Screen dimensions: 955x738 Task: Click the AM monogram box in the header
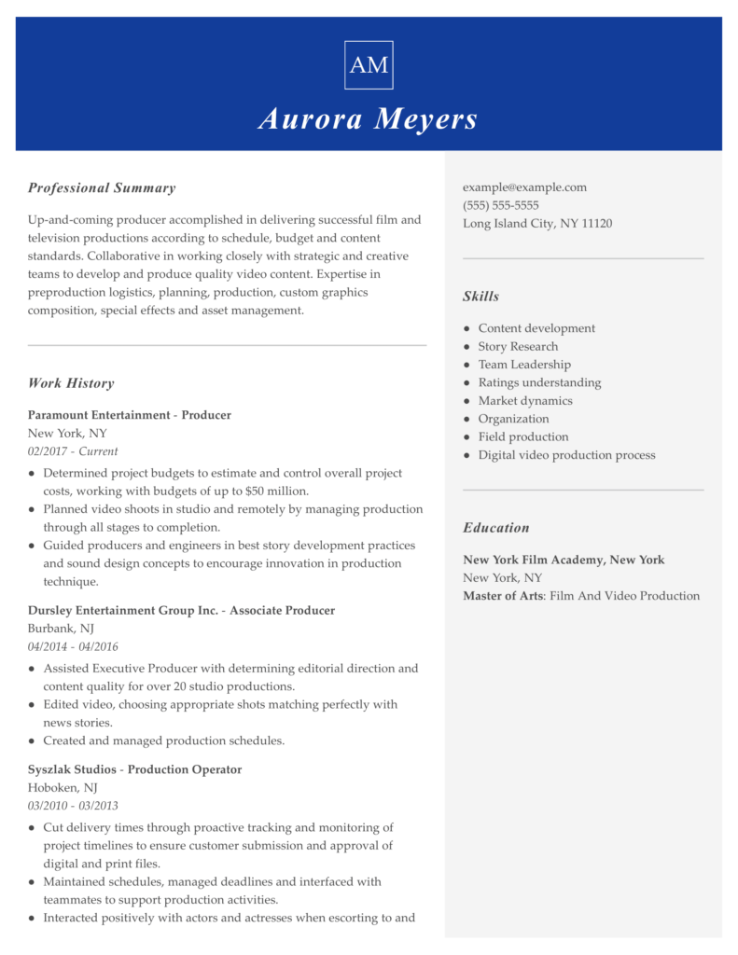(369, 65)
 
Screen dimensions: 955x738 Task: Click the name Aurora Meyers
(369, 119)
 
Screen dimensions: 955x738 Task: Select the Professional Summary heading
(102, 188)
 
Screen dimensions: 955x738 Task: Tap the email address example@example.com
(524, 187)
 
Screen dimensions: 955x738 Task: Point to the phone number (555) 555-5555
(500, 205)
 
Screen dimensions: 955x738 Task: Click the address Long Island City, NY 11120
(537, 224)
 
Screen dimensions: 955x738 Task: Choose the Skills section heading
(480, 297)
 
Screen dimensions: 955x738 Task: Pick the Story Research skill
(518, 347)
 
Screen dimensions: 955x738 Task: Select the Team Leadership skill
(524, 365)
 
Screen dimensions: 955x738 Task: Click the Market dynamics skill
(525, 401)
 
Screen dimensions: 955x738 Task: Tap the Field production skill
(522, 437)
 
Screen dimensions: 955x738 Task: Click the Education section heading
(495, 528)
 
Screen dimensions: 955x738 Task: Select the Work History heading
(71, 383)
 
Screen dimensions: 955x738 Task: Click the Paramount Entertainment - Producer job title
(129, 415)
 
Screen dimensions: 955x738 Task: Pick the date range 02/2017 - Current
(73, 451)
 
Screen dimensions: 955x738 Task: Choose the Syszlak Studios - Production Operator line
(134, 769)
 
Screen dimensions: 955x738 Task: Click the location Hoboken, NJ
(63, 788)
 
